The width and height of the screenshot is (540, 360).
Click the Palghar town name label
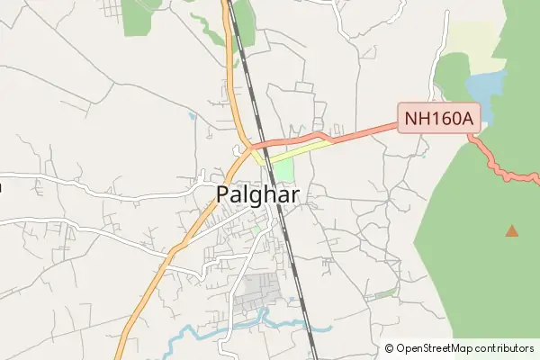257,194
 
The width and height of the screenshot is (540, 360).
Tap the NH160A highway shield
438,118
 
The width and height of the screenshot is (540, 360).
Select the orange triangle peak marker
512,231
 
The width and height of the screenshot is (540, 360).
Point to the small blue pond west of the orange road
192,116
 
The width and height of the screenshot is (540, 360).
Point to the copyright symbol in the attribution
389,347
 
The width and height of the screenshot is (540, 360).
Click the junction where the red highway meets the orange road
249,147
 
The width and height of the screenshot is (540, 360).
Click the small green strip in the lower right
385,293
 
